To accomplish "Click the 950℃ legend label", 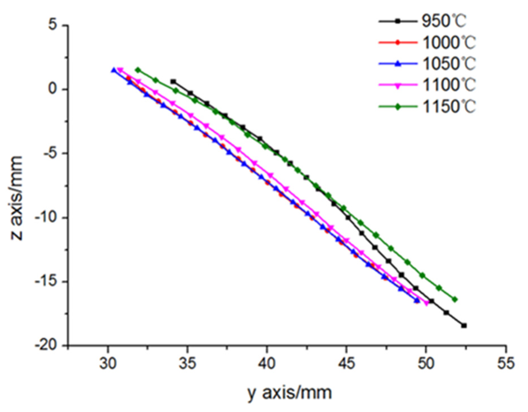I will (444, 21).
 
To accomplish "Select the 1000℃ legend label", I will (449, 43).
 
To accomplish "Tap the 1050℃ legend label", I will (449, 64).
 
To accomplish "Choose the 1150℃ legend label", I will (449, 107).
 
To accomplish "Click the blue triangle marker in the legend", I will (398, 64).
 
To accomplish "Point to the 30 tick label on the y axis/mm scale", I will (108, 363).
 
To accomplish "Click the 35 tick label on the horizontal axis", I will (187, 363).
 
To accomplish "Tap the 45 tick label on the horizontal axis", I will (346, 363).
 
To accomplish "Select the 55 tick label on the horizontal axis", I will (506, 363).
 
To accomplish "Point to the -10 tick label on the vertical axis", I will (46, 217).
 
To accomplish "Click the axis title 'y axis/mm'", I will (290, 393).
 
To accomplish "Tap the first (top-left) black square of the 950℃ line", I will (173, 81).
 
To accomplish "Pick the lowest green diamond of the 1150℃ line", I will (455, 300).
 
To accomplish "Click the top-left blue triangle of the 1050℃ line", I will (114, 70).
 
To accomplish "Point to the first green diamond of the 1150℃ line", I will (138, 70).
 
